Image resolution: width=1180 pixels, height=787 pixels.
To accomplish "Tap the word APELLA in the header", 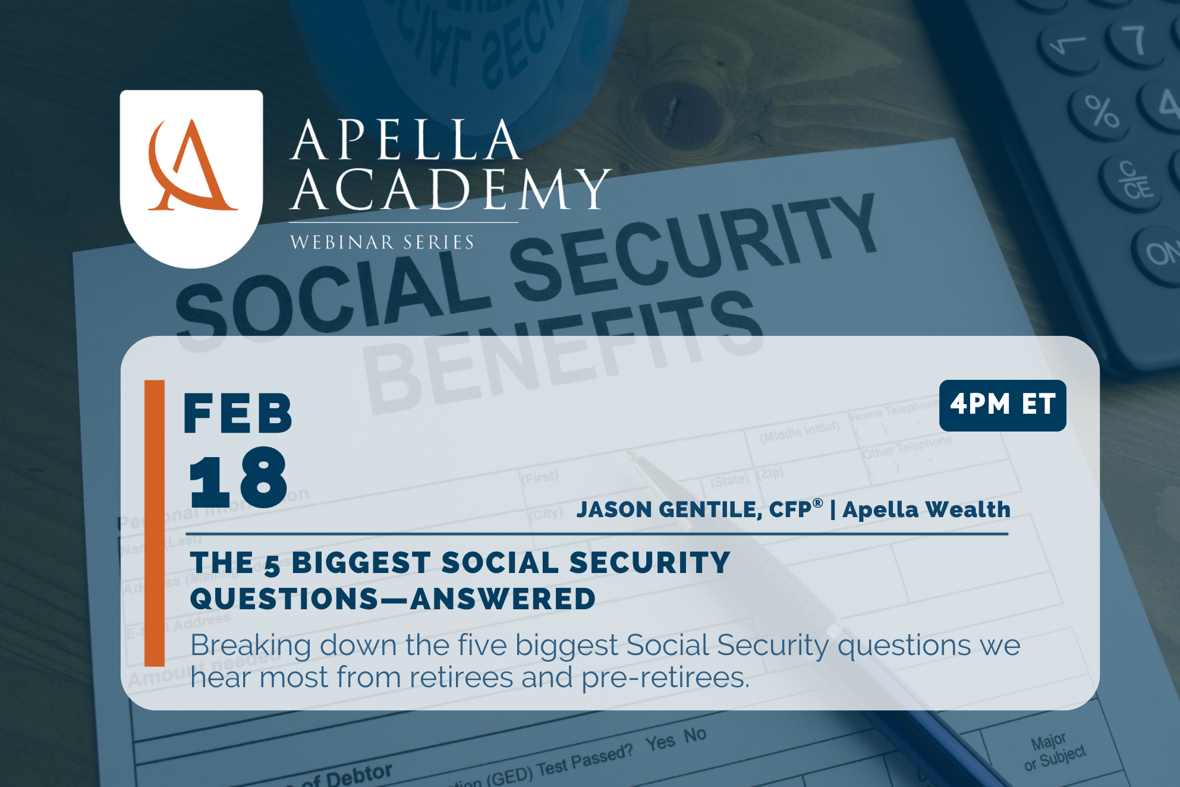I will coord(405,141).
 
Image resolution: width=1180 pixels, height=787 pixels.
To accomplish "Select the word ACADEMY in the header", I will coord(451,190).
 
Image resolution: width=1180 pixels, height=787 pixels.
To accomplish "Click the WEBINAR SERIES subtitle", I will coord(382,243).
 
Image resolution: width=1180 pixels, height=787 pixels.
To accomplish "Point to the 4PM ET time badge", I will coord(1002,405).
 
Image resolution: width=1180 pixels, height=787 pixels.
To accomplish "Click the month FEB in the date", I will coord(238,414).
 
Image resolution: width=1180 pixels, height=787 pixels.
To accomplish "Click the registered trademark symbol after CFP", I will coord(818,503).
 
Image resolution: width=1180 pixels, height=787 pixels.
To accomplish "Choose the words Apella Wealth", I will coord(926,510).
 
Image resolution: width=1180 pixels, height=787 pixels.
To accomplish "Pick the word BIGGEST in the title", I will coord(361,563).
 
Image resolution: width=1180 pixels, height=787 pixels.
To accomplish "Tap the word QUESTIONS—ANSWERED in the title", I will coord(393,599).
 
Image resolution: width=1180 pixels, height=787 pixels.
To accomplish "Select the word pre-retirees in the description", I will coord(665,678).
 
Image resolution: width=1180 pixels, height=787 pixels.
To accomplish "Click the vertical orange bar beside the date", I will coord(155,523).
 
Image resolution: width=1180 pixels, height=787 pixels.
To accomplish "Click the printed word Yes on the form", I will coord(660,742).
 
